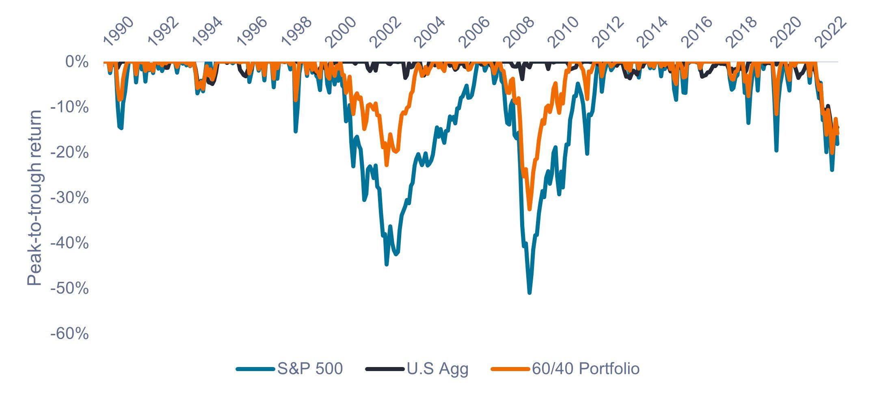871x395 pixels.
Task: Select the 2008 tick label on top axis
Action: (x=519, y=32)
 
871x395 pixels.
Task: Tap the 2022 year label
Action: (x=831, y=32)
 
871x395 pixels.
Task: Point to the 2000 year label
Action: (x=341, y=32)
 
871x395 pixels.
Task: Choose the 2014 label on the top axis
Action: (x=652, y=32)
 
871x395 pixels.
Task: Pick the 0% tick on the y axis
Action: (x=77, y=62)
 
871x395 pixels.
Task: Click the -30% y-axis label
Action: (x=69, y=198)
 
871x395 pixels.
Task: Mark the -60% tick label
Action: (x=69, y=334)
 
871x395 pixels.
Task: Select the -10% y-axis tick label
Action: (x=69, y=107)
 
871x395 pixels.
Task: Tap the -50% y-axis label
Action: (x=69, y=288)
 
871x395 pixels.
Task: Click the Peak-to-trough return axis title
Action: (x=35, y=197)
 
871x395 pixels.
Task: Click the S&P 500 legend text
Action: (x=310, y=369)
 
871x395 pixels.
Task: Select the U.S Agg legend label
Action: (x=438, y=369)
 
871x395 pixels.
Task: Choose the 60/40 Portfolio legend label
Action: (x=586, y=369)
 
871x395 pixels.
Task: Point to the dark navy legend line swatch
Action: (x=385, y=369)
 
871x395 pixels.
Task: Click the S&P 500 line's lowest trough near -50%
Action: (x=530, y=292)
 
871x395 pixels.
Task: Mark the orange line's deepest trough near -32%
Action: (x=530, y=209)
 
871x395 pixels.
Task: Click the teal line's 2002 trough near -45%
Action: (x=387, y=264)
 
